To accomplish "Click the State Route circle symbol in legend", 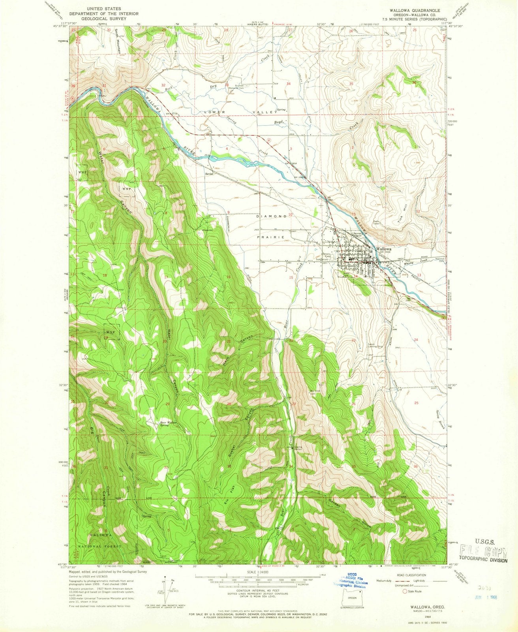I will pyautogui.click(x=405, y=591).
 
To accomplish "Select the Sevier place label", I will pyautogui.click(x=209, y=173).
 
